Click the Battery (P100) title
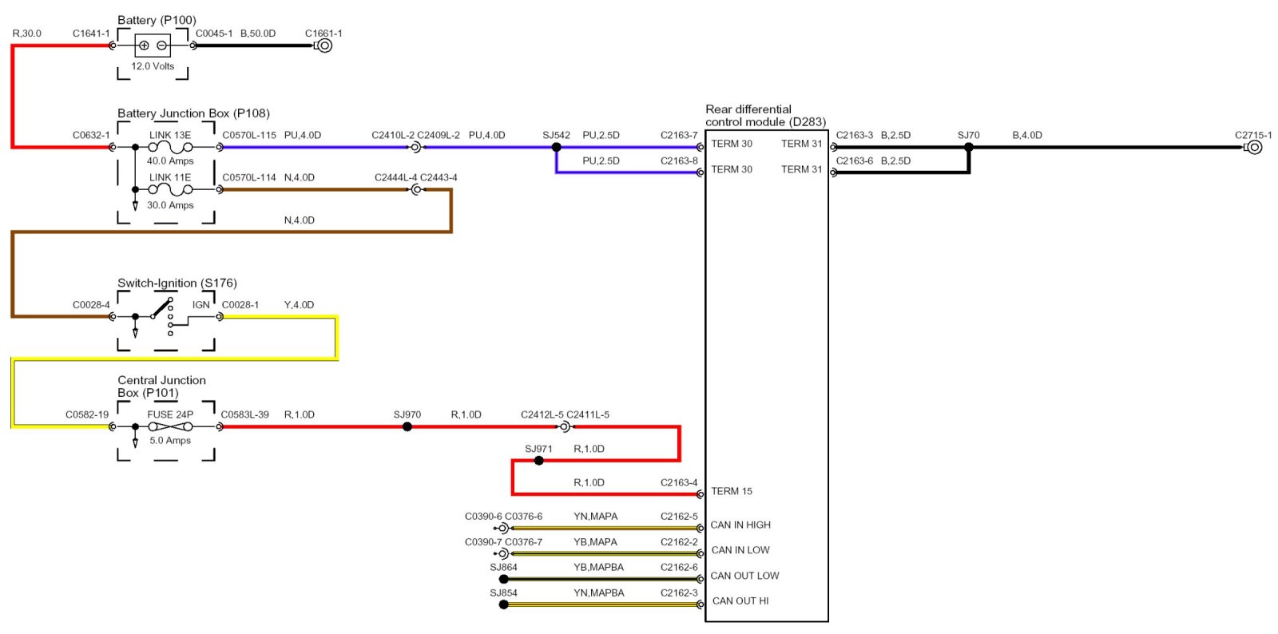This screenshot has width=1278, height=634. coord(157,20)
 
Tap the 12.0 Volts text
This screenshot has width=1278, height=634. coord(153,66)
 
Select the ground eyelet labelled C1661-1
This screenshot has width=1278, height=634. coord(324,46)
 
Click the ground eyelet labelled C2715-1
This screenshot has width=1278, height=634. coord(1254,147)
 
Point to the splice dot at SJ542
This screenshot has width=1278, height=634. coord(556,147)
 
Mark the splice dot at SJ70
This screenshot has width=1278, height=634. coord(969,147)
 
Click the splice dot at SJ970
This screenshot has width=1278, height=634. coord(407,426)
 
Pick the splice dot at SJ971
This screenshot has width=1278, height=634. coord(538,461)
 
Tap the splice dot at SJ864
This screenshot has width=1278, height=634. coord(503,579)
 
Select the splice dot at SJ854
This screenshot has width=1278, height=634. coord(503,604)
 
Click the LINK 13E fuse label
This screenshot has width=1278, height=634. coord(170,135)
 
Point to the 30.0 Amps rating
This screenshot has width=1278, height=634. coord(170,205)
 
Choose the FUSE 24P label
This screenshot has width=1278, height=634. coord(170,414)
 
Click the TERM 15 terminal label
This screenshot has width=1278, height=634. coord(732,491)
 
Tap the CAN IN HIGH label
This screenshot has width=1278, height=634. coord(740,525)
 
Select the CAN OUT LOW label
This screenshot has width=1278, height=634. coord(744,576)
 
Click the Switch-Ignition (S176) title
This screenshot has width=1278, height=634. coord(177,283)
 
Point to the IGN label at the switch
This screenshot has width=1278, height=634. coord(200,305)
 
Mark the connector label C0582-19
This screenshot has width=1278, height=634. coord(87,414)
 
